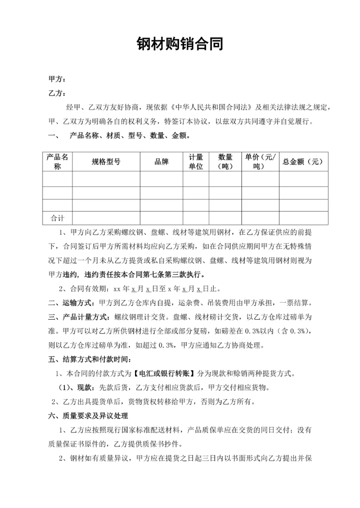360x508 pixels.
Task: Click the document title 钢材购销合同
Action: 179,44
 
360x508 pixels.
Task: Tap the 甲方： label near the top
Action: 57,79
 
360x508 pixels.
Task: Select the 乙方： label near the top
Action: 57,93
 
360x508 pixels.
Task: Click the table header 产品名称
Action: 57,161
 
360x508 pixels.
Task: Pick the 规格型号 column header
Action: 106,161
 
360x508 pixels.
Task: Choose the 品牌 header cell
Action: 161,161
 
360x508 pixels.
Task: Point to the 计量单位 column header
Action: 195,161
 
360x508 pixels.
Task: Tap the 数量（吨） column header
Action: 225,161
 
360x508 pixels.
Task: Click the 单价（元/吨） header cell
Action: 260,161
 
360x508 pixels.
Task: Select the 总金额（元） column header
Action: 303,161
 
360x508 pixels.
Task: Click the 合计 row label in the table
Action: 57,218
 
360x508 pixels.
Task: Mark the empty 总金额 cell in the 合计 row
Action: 303,218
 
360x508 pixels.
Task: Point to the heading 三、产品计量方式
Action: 78,317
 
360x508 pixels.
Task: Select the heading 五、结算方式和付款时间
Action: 90,359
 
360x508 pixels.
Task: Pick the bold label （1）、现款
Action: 77,388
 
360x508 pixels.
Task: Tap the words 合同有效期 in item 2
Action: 85,289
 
